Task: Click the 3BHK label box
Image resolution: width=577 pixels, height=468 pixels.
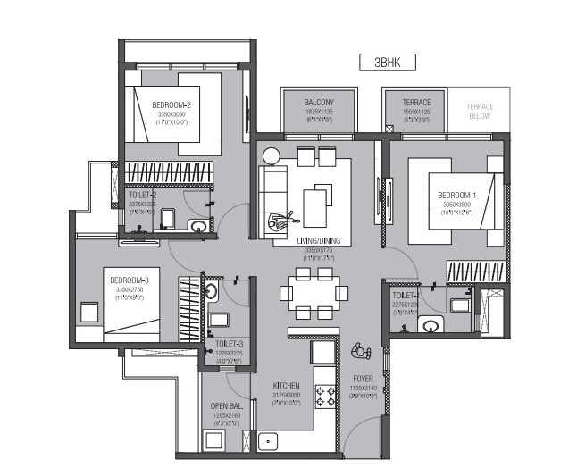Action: click(388, 63)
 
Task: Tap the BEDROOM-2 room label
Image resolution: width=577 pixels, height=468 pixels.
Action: click(171, 104)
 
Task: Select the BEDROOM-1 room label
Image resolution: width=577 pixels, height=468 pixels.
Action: click(456, 196)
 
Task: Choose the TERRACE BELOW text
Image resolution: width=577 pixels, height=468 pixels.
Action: click(480, 111)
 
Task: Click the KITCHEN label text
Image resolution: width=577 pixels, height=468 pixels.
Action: click(287, 386)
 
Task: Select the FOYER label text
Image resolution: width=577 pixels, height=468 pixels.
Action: click(362, 378)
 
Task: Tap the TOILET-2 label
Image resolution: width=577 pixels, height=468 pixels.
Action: click(143, 195)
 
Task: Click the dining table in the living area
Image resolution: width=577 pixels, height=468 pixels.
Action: click(312, 291)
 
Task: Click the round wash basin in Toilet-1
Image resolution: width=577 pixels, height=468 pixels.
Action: click(430, 325)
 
